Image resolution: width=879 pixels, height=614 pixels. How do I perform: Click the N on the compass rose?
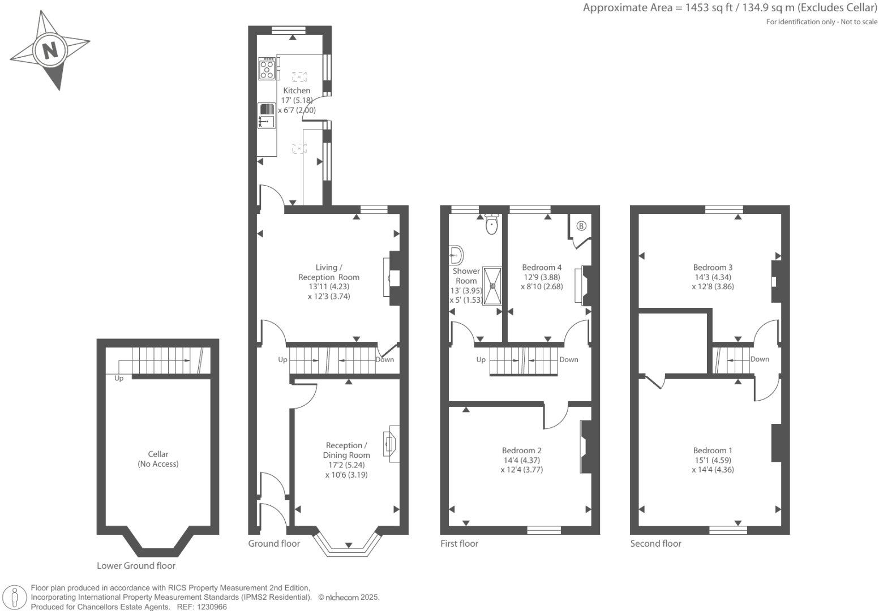click(x=50, y=50)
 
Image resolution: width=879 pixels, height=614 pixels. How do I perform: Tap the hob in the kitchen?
click(x=267, y=69)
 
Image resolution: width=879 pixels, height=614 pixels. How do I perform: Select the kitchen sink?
click(x=266, y=116)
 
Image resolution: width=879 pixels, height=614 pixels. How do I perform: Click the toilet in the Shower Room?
click(x=492, y=225)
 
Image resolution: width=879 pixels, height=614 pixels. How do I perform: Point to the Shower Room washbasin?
click(x=456, y=255)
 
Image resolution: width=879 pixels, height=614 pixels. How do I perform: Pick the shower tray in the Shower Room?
click(x=492, y=286)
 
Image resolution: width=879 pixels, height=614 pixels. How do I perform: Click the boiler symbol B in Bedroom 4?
click(x=581, y=226)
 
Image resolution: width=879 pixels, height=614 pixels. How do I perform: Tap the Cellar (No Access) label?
click(x=158, y=459)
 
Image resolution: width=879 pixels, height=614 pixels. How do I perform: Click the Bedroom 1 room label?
click(x=713, y=450)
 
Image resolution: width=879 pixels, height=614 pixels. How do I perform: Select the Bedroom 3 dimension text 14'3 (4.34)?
click(x=713, y=277)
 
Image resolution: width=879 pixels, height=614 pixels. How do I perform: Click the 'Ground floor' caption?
click(x=274, y=543)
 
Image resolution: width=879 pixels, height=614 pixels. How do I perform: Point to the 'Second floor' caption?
click(x=655, y=543)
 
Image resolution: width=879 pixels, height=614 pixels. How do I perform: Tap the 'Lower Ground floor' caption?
click(x=136, y=565)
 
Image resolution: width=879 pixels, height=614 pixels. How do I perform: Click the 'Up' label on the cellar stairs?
click(x=119, y=378)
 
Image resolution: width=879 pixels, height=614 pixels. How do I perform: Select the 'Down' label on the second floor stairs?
click(x=760, y=359)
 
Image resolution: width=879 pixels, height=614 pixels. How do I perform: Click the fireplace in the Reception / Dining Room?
click(x=389, y=444)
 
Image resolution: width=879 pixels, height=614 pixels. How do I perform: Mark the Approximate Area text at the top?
click(x=730, y=8)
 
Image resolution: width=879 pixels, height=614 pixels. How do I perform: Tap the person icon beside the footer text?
click(x=15, y=598)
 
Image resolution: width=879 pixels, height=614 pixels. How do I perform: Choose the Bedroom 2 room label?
click(x=521, y=450)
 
